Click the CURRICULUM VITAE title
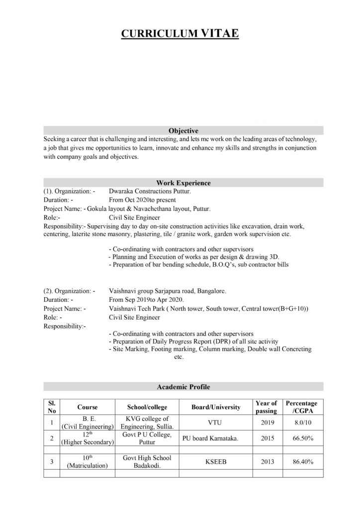tap(180, 34)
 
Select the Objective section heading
tap(183, 131)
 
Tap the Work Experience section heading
tap(183, 183)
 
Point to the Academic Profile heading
tap(183, 386)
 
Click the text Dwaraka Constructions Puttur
tap(150, 191)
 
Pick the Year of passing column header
tap(266, 407)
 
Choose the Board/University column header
tap(216, 407)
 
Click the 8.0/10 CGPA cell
tap(303, 423)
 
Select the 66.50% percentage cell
tap(303, 439)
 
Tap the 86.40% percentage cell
tap(303, 462)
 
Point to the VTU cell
tap(216, 423)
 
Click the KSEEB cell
tap(216, 462)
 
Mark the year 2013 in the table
tap(266, 462)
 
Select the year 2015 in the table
tap(266, 439)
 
